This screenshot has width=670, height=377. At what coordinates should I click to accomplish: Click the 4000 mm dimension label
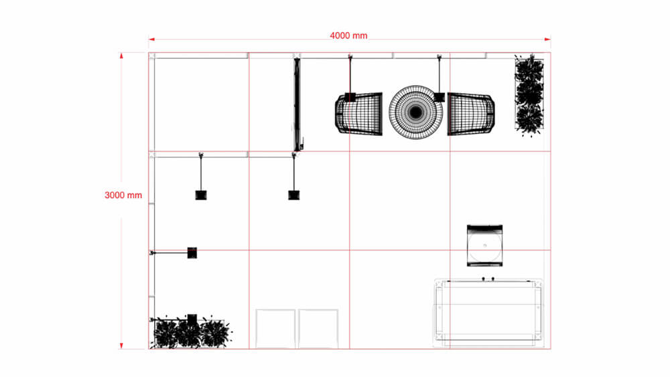click(x=348, y=35)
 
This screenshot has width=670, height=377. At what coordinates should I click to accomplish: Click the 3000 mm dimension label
click(x=123, y=196)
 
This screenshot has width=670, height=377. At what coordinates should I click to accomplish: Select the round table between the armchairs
click(x=415, y=112)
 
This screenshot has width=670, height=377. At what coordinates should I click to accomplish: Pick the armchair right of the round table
click(x=471, y=114)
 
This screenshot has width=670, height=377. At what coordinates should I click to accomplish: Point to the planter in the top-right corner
click(x=529, y=95)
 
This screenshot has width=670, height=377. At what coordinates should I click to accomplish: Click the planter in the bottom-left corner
click(x=190, y=333)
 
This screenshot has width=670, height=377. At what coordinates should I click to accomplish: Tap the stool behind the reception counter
click(x=484, y=245)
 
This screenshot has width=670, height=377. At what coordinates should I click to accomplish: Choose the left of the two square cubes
click(x=276, y=328)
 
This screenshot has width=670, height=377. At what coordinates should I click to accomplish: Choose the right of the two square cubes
click(x=318, y=328)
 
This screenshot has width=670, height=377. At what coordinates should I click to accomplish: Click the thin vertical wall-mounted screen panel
click(x=296, y=104)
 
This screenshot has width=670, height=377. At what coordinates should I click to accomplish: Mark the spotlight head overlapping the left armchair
click(x=350, y=97)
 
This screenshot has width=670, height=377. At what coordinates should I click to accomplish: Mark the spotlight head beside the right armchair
click(x=440, y=97)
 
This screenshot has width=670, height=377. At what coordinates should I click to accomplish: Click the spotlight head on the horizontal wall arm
click(x=192, y=252)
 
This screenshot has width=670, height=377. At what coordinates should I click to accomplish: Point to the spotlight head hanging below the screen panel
click(x=293, y=195)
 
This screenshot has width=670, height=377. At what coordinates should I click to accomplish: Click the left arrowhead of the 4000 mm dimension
click(x=151, y=39)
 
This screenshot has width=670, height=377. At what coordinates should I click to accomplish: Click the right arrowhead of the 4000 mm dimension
click(x=547, y=39)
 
